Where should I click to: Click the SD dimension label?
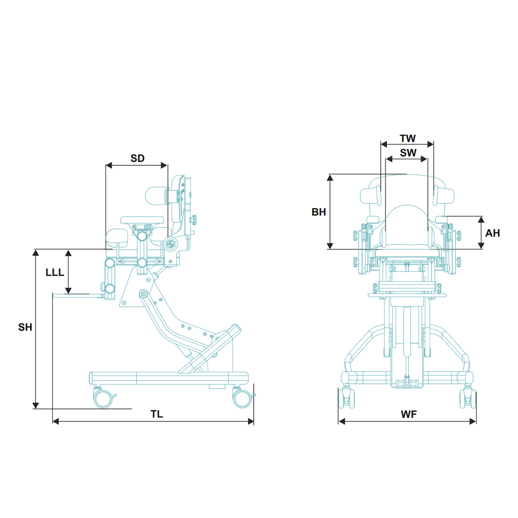pos(137,159)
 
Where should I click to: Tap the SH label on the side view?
pos(25,327)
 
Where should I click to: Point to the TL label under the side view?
pos(156,414)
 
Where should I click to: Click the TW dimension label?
pos(408,139)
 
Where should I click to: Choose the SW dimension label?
pos(408,153)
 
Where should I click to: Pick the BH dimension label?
pos(319,212)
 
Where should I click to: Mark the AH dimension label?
pos(492,233)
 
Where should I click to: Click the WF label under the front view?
pos(408,415)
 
